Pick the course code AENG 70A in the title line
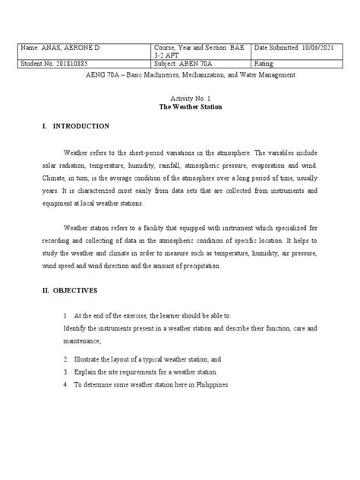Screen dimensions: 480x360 tap(106, 75)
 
